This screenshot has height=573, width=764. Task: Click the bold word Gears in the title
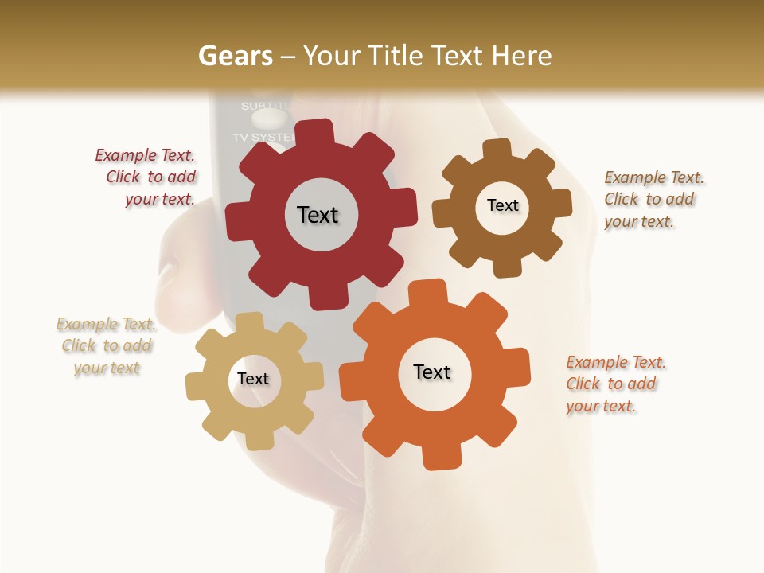point(235,56)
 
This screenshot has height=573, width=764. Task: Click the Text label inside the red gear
point(318,215)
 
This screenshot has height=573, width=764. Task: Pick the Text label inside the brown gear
point(502,205)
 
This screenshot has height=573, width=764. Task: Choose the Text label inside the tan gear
point(253,379)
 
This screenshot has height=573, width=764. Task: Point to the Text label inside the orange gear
point(432,372)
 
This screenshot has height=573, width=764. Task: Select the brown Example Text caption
point(651,200)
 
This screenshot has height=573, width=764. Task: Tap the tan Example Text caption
point(106,346)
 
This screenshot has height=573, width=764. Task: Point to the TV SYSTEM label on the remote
point(262,137)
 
